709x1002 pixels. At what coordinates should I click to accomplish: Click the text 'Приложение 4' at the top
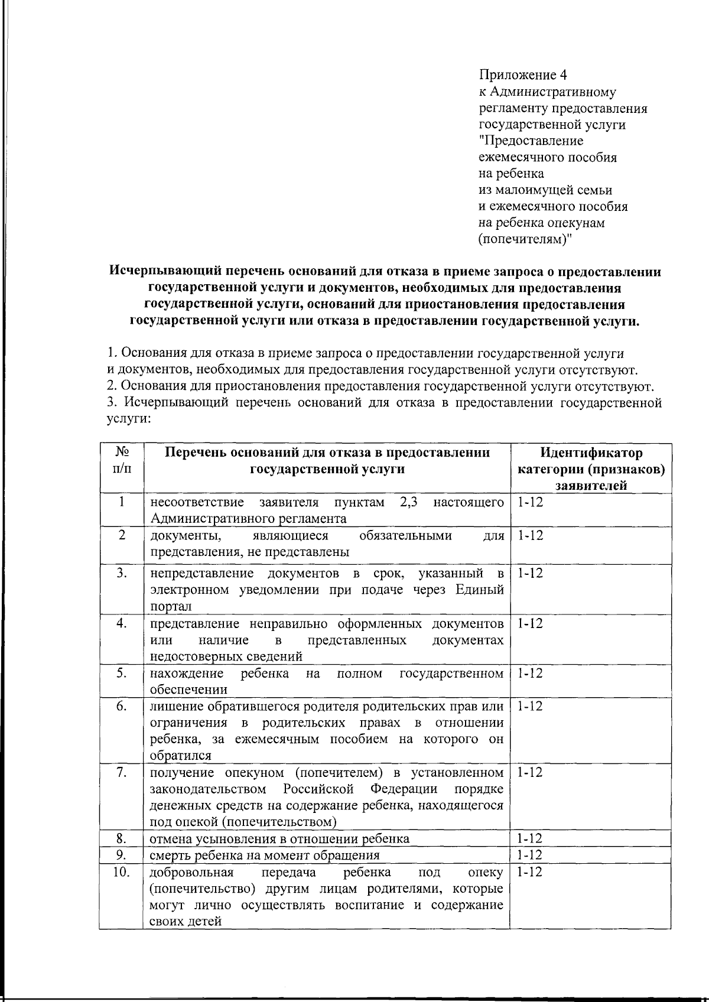(522, 75)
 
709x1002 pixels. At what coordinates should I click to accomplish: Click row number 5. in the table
(122, 673)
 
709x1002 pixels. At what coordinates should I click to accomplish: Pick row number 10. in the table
(122, 872)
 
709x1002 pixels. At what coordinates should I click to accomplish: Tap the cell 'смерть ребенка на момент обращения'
(265, 855)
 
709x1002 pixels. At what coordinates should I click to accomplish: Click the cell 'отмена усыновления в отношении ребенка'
(279, 838)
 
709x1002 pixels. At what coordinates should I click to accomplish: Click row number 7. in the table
(122, 773)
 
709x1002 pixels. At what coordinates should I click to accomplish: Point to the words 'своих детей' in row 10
(186, 922)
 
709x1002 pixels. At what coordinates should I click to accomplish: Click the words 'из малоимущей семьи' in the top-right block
(545, 190)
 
